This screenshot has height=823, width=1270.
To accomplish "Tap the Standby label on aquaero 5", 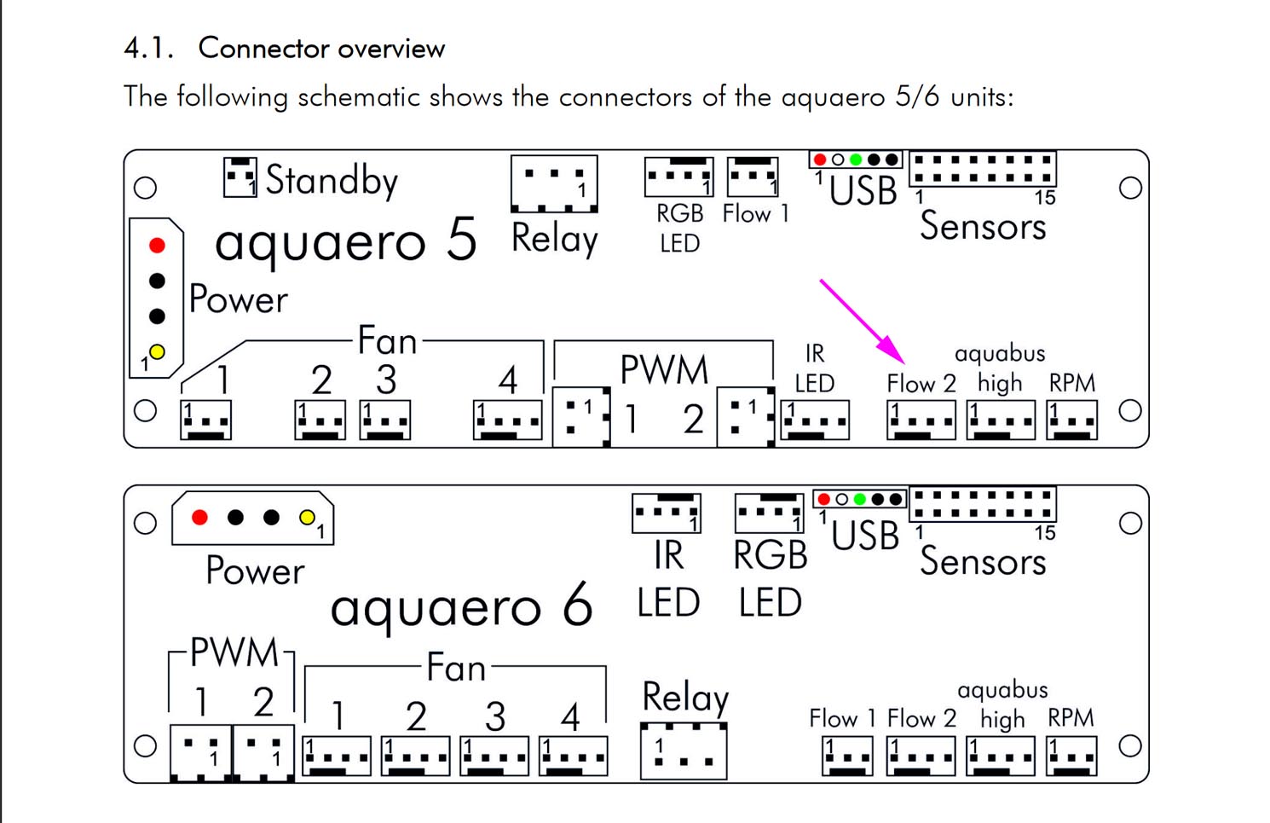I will pos(331,180).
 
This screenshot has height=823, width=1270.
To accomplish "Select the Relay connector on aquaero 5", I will pos(554,183).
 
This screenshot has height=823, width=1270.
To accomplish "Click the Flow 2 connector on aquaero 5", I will pos(921,420).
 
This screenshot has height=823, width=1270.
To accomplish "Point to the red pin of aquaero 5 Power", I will pos(157,246).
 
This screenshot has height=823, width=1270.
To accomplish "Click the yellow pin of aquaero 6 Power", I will pos(307,517).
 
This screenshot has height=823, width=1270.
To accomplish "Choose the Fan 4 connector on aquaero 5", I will pos(507,420).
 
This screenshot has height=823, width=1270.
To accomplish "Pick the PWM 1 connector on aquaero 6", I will pos(201,753).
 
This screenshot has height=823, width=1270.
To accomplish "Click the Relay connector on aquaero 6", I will pos(684,751).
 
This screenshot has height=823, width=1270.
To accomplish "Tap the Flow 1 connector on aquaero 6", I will pos(847,756).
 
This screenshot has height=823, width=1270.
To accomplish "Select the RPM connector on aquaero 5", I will pos(1071,420).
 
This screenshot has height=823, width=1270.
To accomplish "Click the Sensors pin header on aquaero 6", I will pos(983,504).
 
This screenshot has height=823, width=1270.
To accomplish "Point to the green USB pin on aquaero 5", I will pos(856,159).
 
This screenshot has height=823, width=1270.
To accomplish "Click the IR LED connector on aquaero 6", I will pos(667,513).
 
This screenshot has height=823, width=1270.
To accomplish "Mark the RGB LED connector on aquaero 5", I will pos(678,177).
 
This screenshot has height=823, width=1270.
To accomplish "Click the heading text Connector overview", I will pos(321,49).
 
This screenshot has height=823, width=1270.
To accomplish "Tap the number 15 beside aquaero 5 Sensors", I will pos(1045,198).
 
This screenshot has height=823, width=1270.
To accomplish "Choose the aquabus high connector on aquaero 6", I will pos(1001,756).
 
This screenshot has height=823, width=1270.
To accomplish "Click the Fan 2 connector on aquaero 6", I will pos(415,756).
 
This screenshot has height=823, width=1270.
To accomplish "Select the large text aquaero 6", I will pos(461,606).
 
